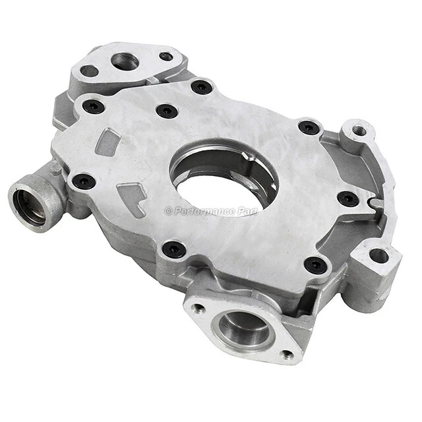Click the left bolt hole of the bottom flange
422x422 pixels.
click(197, 307)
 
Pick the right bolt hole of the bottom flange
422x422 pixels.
click(287, 354)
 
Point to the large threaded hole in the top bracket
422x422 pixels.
click(124, 61)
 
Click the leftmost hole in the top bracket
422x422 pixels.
click(90, 71)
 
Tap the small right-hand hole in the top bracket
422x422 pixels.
click(166, 57)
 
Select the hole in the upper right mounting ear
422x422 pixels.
click(359, 131)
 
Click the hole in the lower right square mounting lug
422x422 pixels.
click(378, 255)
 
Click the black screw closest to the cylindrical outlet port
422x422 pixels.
click(84, 181)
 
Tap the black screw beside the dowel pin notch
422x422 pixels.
click(348, 198)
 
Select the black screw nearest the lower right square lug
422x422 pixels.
click(316, 265)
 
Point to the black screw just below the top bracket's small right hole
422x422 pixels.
click(201, 86)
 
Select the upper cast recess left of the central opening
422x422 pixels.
click(107, 142)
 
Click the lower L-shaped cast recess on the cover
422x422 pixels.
click(133, 198)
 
